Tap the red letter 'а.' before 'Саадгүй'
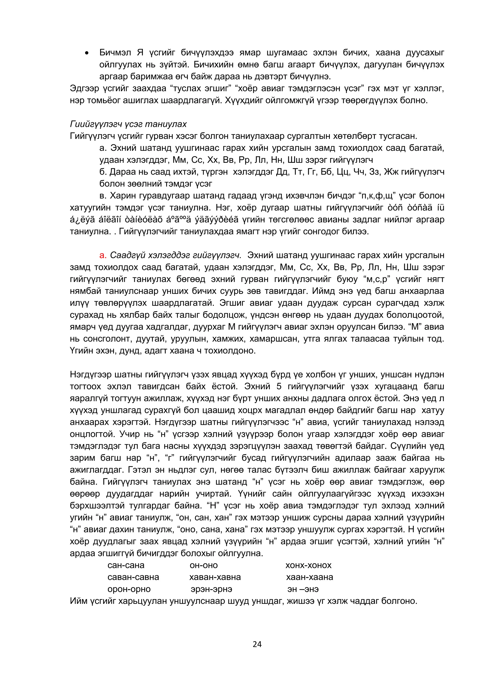(103, 255)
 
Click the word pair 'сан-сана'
(126, 565)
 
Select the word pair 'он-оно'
(204, 565)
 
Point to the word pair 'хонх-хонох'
(308, 565)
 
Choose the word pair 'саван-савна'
(133, 577)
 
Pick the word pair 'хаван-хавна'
(215, 577)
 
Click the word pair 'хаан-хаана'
(309, 577)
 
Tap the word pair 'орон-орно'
(129, 589)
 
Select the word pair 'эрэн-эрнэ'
(211, 589)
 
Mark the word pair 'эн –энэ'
(303, 589)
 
